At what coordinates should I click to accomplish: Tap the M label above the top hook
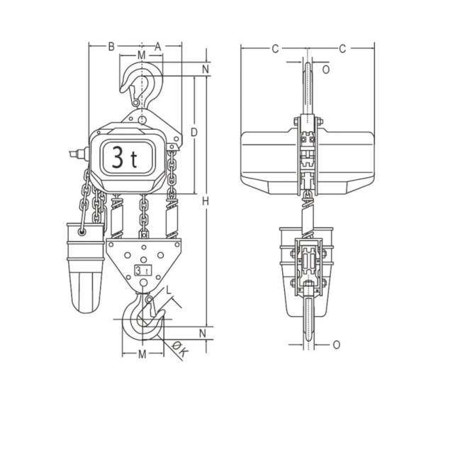[x=141, y=55]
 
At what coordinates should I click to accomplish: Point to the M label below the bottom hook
[x=142, y=354]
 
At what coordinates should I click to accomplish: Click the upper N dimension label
[x=205, y=69]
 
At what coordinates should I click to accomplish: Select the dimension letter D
[x=193, y=132]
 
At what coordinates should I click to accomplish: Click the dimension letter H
[x=205, y=202]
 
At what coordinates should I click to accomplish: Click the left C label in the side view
[x=274, y=48]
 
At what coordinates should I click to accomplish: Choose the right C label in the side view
[x=342, y=48]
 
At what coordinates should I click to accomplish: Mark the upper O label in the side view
[x=326, y=69]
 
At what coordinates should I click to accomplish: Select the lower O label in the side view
[x=336, y=344]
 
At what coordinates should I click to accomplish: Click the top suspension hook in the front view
[x=142, y=84]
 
